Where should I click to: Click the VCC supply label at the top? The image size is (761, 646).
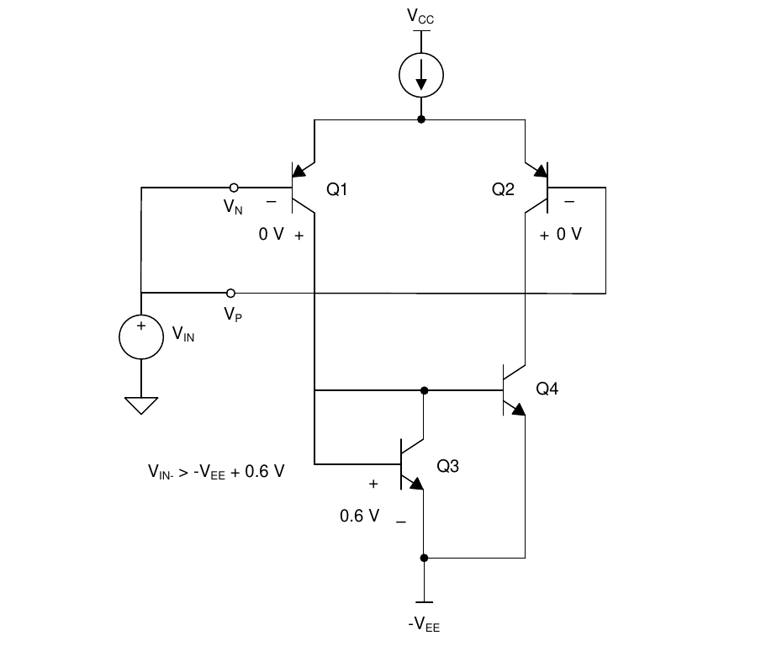[x=420, y=16]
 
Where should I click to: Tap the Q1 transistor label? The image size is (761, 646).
[x=336, y=190]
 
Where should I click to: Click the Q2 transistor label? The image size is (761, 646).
[x=503, y=190]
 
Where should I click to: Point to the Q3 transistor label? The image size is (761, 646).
[x=447, y=466]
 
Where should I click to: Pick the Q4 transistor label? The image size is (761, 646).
[x=547, y=389]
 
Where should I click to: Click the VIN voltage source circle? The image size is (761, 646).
[x=141, y=336]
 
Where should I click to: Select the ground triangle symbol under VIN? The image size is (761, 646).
[x=141, y=405]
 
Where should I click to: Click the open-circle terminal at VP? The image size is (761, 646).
[x=230, y=293]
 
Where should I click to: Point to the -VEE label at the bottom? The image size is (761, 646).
[x=424, y=624]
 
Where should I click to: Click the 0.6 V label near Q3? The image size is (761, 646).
[x=359, y=516]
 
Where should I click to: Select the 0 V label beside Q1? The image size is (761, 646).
[x=272, y=235]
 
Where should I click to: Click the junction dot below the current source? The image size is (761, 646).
[x=421, y=119]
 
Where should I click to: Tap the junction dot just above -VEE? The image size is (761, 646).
[x=424, y=557]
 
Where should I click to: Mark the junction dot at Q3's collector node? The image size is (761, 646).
[x=424, y=390]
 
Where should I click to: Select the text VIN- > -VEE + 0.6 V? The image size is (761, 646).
[x=216, y=472]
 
